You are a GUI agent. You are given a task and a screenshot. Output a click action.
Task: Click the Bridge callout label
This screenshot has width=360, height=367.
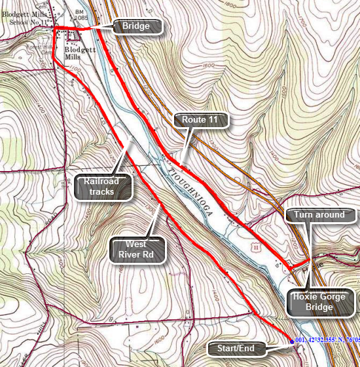pyautogui.click(x=136, y=26)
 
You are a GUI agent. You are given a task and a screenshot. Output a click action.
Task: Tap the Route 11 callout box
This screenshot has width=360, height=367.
pyautogui.click(x=204, y=120)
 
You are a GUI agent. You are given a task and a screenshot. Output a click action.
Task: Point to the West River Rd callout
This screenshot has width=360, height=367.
pyautogui.click(x=136, y=250)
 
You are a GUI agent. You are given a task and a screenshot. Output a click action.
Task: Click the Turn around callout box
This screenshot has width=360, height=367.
pyautogui.click(x=319, y=215)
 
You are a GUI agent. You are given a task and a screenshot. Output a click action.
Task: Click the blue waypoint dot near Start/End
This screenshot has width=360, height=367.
pyautogui.click(x=291, y=341)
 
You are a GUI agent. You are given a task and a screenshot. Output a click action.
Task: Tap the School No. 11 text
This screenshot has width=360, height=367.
pyautogui.click(x=26, y=22)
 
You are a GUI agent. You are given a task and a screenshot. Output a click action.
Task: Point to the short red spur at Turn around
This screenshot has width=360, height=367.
pyautogui.click(x=300, y=263)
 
